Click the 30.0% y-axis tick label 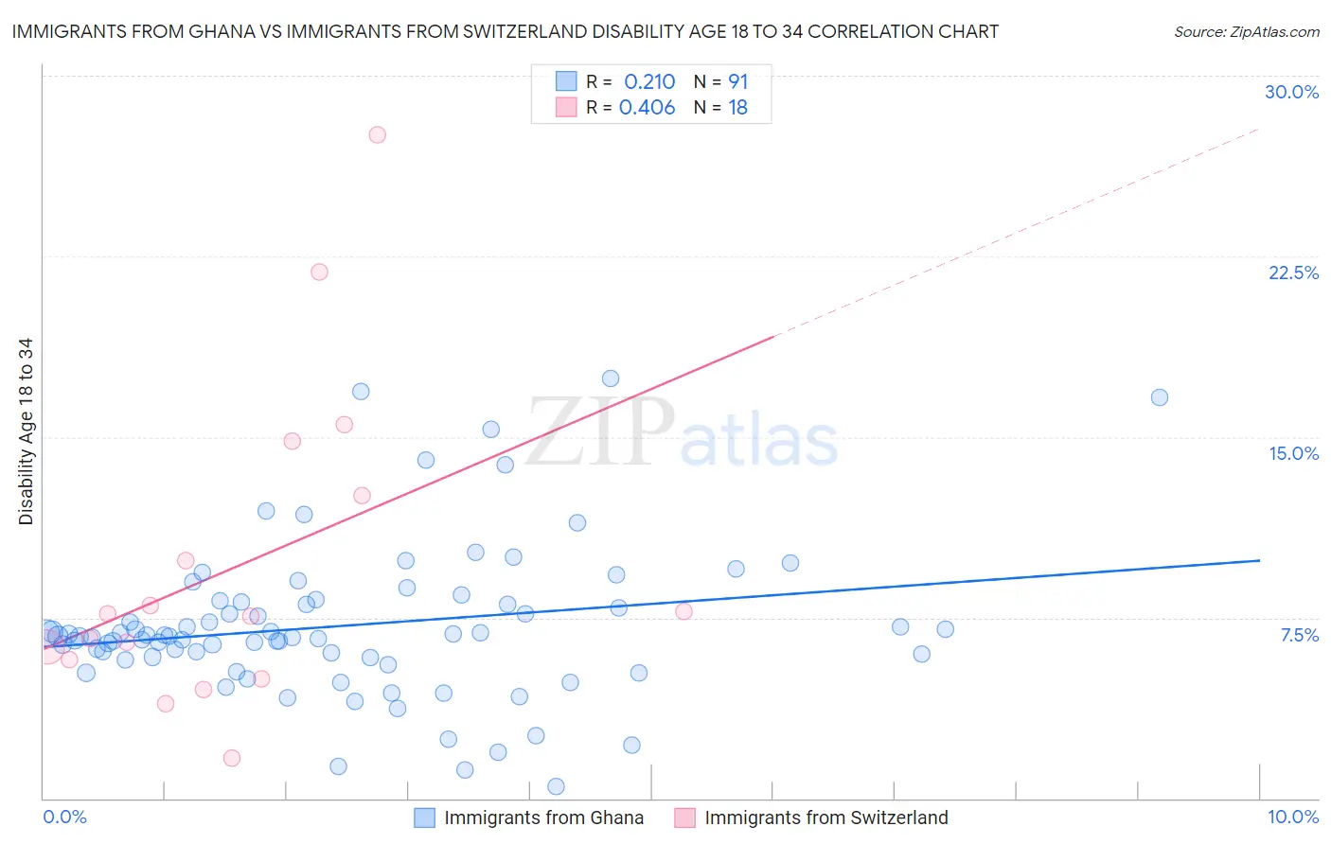pyautogui.click(x=1291, y=92)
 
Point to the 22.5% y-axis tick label pyautogui.click(x=1293, y=273)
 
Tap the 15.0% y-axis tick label pyautogui.click(x=1293, y=453)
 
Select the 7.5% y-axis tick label pyautogui.click(x=1299, y=635)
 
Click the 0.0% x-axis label pyautogui.click(x=64, y=817)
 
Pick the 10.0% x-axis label pyautogui.click(x=1292, y=817)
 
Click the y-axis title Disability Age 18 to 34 pyautogui.click(x=26, y=431)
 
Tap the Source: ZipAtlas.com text pyautogui.click(x=1246, y=32)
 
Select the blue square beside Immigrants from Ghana pyautogui.click(x=424, y=818)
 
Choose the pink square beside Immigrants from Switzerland pyautogui.click(x=684, y=818)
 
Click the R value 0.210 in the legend pyautogui.click(x=649, y=82)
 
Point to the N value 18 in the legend pyautogui.click(x=737, y=108)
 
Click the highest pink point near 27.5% pyautogui.click(x=377, y=134)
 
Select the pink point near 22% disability pyautogui.click(x=319, y=272)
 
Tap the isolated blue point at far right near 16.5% pyautogui.click(x=1159, y=397)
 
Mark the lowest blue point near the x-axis pyautogui.click(x=556, y=786)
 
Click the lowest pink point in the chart pyautogui.click(x=232, y=758)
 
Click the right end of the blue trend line pyautogui.click(x=1259, y=560)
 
